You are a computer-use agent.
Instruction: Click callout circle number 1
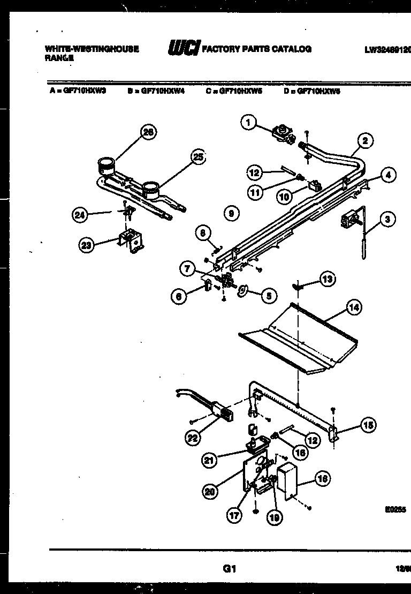(247, 123)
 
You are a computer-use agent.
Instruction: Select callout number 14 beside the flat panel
(353, 307)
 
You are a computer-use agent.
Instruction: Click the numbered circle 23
(86, 245)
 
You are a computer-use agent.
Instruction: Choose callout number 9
(230, 213)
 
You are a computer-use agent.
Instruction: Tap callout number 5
(269, 295)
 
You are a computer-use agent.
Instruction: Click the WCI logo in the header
(184, 49)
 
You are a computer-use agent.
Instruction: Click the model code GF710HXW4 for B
(162, 91)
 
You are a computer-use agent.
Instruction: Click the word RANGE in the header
(56, 58)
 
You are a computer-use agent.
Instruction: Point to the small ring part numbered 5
(242, 290)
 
